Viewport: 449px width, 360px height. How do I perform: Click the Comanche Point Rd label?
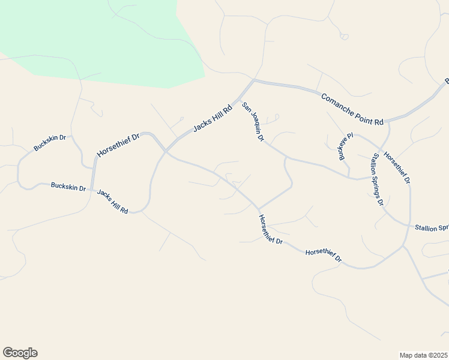(x=352, y=109)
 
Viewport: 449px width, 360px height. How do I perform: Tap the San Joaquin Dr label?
(x=253, y=122)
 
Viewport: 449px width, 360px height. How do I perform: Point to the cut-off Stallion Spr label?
(x=432, y=228)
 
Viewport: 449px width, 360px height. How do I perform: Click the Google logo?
(x=20, y=353)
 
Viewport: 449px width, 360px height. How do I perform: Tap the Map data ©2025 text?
(x=423, y=355)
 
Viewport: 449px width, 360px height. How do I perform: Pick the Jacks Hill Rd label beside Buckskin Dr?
(x=113, y=202)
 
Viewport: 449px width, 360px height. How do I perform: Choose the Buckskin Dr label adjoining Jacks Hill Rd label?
(x=68, y=187)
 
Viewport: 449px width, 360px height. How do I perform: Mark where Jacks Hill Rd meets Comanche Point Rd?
(x=253, y=80)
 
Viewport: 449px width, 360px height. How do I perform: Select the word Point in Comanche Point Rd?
(x=364, y=115)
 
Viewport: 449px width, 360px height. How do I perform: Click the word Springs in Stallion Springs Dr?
(x=376, y=178)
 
